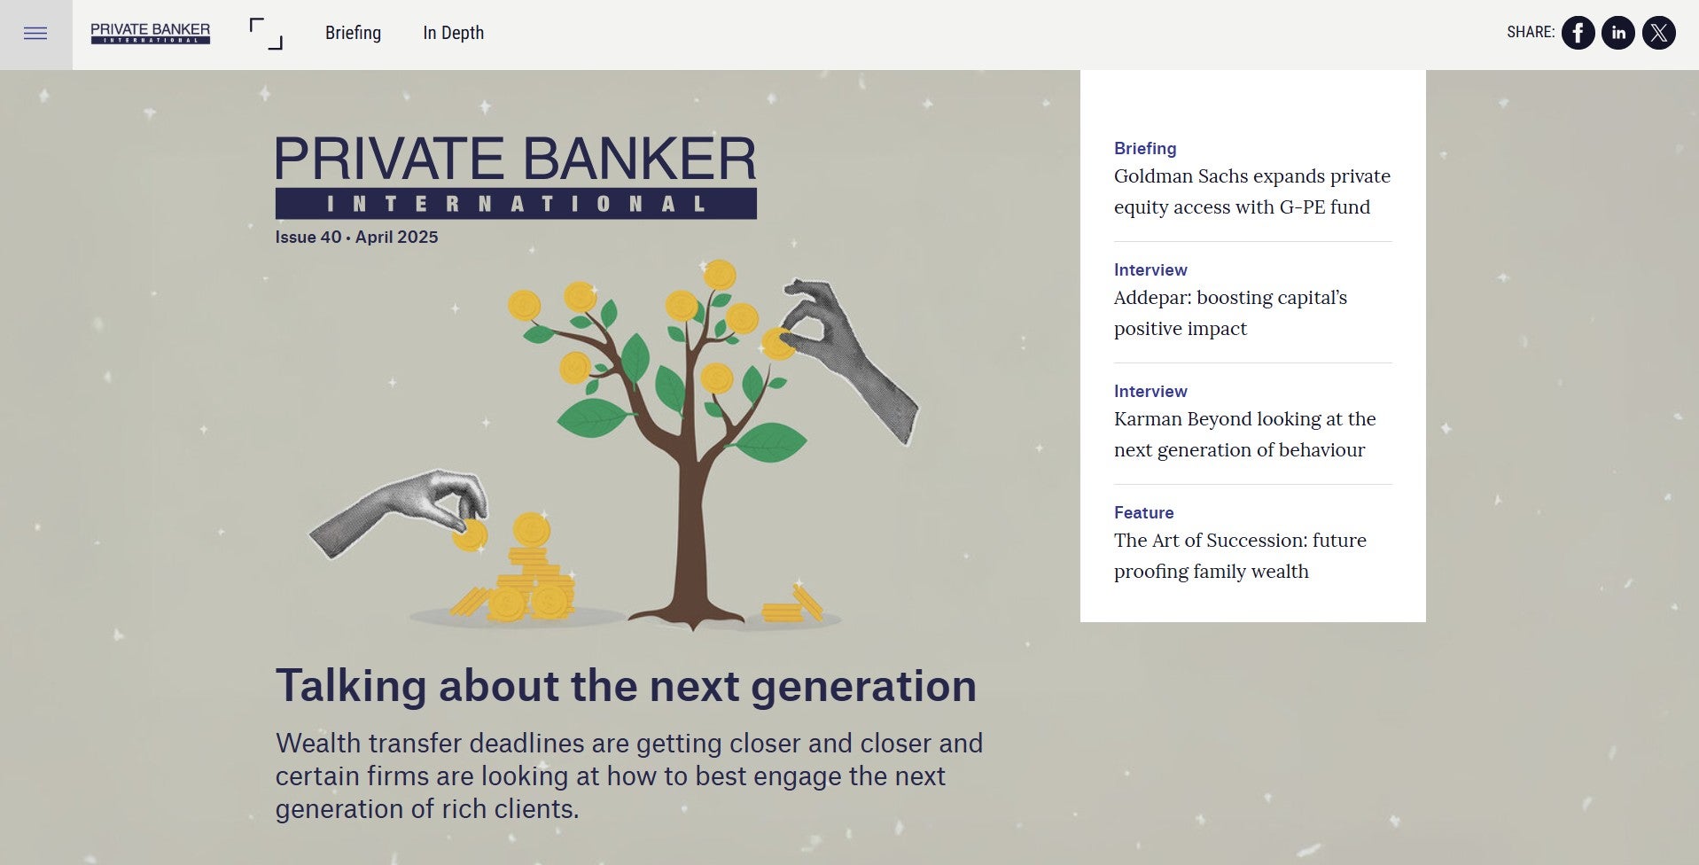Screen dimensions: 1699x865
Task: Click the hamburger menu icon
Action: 35,34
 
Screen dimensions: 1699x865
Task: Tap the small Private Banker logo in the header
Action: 151,33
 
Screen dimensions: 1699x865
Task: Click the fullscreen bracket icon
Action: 266,34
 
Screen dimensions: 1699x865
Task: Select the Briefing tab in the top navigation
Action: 353,33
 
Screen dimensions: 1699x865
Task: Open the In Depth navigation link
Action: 453,33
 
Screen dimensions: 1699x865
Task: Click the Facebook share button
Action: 1578,33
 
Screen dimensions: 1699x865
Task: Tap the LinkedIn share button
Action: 1618,33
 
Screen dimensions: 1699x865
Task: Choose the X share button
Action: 1659,33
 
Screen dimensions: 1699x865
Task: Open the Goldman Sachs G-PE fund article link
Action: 1252,191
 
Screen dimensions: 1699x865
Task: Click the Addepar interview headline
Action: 1230,313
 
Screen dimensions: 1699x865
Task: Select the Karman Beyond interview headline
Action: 1245,434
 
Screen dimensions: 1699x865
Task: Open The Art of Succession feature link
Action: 1240,556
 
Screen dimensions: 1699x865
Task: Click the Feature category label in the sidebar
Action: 1143,512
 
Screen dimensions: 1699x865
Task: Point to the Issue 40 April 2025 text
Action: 356,237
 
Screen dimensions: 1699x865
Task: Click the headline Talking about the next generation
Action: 626,685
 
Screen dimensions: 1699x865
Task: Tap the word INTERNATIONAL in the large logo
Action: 516,204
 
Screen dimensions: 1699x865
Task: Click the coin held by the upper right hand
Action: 777,343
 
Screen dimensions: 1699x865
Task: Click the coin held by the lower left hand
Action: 470,534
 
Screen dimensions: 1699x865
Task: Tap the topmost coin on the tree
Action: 720,275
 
